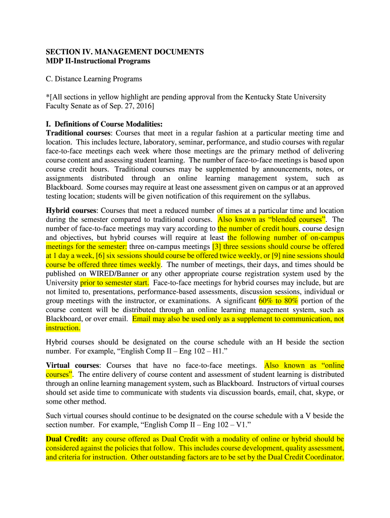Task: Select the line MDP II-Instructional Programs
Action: (98, 61)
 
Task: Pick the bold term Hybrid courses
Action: (69, 210)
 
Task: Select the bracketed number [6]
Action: (100, 256)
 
